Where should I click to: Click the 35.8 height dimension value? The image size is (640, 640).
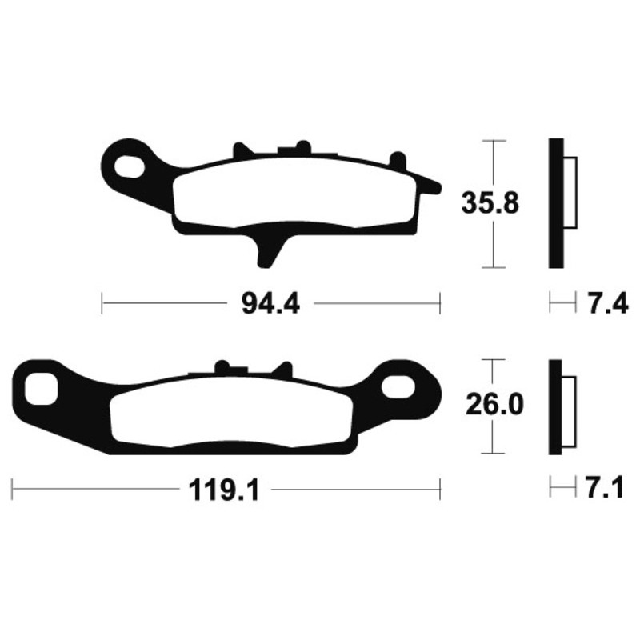click(490, 204)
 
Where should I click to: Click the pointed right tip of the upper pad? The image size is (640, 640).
click(437, 187)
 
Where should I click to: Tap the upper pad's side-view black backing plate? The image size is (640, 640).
click(555, 204)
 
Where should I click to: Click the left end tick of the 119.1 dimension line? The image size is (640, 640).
click(13, 487)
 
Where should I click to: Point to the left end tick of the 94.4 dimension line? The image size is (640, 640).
click(103, 304)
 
